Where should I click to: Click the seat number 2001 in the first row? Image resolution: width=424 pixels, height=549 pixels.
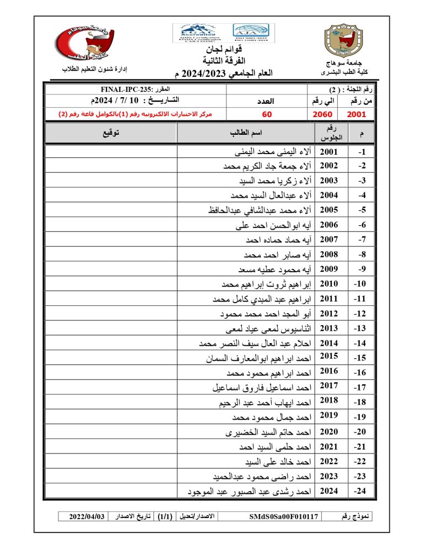coord(329,152)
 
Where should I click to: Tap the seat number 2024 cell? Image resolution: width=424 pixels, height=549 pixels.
coord(329,490)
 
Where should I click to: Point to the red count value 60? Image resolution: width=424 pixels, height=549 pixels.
coord(267,114)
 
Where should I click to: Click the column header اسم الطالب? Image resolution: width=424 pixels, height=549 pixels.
coord(246,133)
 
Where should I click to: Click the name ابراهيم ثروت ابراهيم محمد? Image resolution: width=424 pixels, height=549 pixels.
coord(266,284)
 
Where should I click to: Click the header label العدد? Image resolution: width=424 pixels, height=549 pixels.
coord(267,101)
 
